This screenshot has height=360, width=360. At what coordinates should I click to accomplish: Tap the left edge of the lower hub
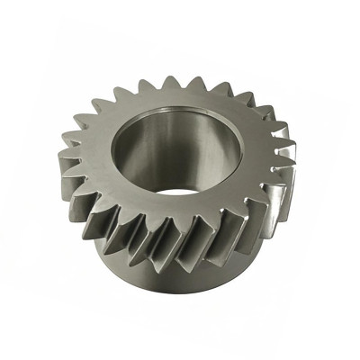(x=94, y=261)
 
